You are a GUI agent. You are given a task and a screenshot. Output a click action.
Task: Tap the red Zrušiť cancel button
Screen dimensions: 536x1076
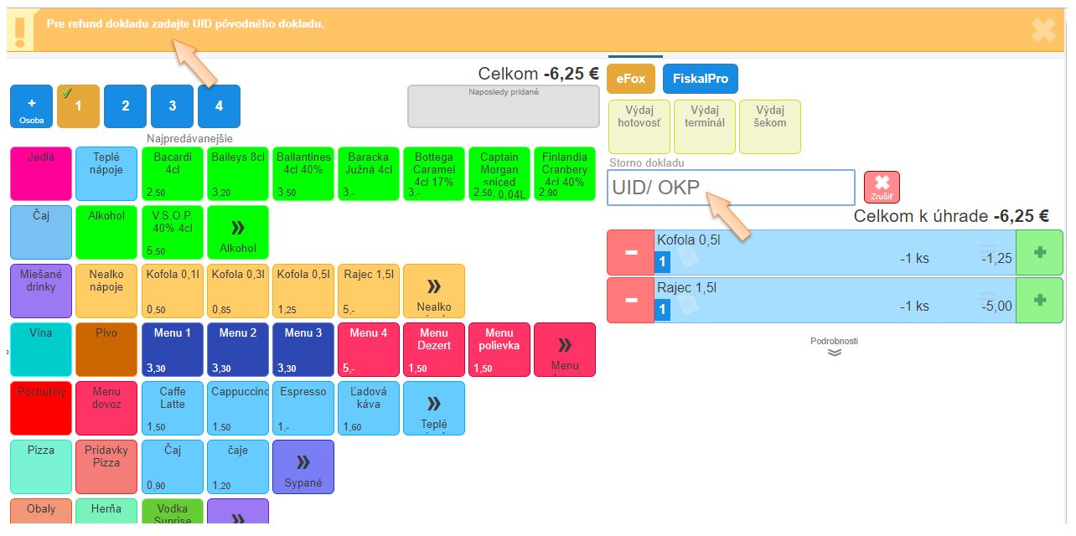[x=882, y=187]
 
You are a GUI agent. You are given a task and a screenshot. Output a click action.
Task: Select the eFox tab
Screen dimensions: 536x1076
[x=631, y=79]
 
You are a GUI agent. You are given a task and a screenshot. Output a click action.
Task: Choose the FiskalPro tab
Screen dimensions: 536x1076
[x=701, y=79]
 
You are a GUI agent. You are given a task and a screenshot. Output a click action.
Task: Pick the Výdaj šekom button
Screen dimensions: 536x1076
[x=770, y=126]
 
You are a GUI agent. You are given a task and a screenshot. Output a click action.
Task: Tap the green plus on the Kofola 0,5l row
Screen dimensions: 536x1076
[x=1040, y=252]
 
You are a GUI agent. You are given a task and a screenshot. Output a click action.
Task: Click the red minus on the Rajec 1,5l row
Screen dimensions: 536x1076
[x=631, y=300]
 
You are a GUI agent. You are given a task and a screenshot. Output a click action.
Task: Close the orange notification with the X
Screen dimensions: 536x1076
[x=1043, y=30]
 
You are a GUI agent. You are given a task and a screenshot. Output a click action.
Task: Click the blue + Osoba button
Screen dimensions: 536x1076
[x=32, y=106]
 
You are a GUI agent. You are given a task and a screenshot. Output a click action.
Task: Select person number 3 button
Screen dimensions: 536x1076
[x=173, y=106]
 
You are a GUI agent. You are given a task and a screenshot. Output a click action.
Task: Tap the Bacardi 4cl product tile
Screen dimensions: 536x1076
[x=173, y=174]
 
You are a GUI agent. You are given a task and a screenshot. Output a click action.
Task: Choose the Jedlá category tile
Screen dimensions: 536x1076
[x=41, y=174]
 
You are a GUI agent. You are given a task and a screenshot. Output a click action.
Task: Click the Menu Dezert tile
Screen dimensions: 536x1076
[x=434, y=349]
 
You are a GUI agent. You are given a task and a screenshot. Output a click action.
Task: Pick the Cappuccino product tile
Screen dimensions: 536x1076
[x=238, y=408]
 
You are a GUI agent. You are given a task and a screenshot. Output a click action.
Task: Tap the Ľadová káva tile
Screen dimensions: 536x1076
[x=369, y=408]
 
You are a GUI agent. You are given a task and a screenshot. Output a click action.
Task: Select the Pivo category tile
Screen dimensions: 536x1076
[x=106, y=349]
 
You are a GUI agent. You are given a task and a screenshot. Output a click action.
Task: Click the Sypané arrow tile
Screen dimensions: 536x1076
[x=303, y=466]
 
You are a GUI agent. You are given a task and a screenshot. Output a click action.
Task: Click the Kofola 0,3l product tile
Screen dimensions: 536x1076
[x=238, y=291]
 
